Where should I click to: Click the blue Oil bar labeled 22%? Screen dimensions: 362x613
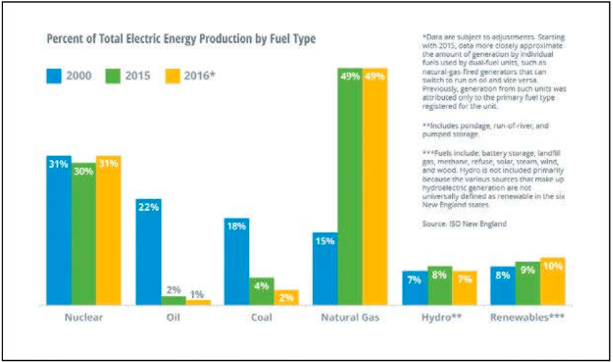[x=148, y=252]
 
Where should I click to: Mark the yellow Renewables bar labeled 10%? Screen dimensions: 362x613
[x=553, y=281]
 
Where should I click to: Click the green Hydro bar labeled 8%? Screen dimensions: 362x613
[x=439, y=286]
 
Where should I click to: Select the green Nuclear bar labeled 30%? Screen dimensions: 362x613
[x=84, y=234]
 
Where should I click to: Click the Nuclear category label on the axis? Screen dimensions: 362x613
[x=84, y=318]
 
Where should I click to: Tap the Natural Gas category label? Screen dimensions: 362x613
[x=350, y=318]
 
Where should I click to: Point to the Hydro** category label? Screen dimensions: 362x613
[x=441, y=318]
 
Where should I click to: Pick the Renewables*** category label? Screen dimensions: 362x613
[x=528, y=318]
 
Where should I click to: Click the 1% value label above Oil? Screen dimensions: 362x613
[x=198, y=294]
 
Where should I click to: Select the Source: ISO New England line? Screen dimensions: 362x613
[x=465, y=224]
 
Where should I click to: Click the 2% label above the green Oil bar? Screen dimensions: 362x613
[x=174, y=290]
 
